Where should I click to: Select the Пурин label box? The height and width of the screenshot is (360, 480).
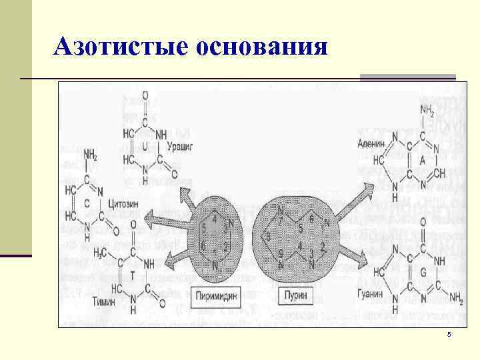click(x=296, y=293)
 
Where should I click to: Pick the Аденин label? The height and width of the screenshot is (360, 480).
click(x=372, y=142)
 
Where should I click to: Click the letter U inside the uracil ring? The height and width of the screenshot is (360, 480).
click(x=144, y=145)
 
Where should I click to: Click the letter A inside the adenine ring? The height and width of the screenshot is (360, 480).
click(x=422, y=161)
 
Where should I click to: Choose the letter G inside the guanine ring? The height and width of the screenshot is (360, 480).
click(x=423, y=272)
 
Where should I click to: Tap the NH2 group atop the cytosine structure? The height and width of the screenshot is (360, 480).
click(x=91, y=156)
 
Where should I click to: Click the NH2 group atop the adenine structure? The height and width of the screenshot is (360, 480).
click(x=427, y=109)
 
